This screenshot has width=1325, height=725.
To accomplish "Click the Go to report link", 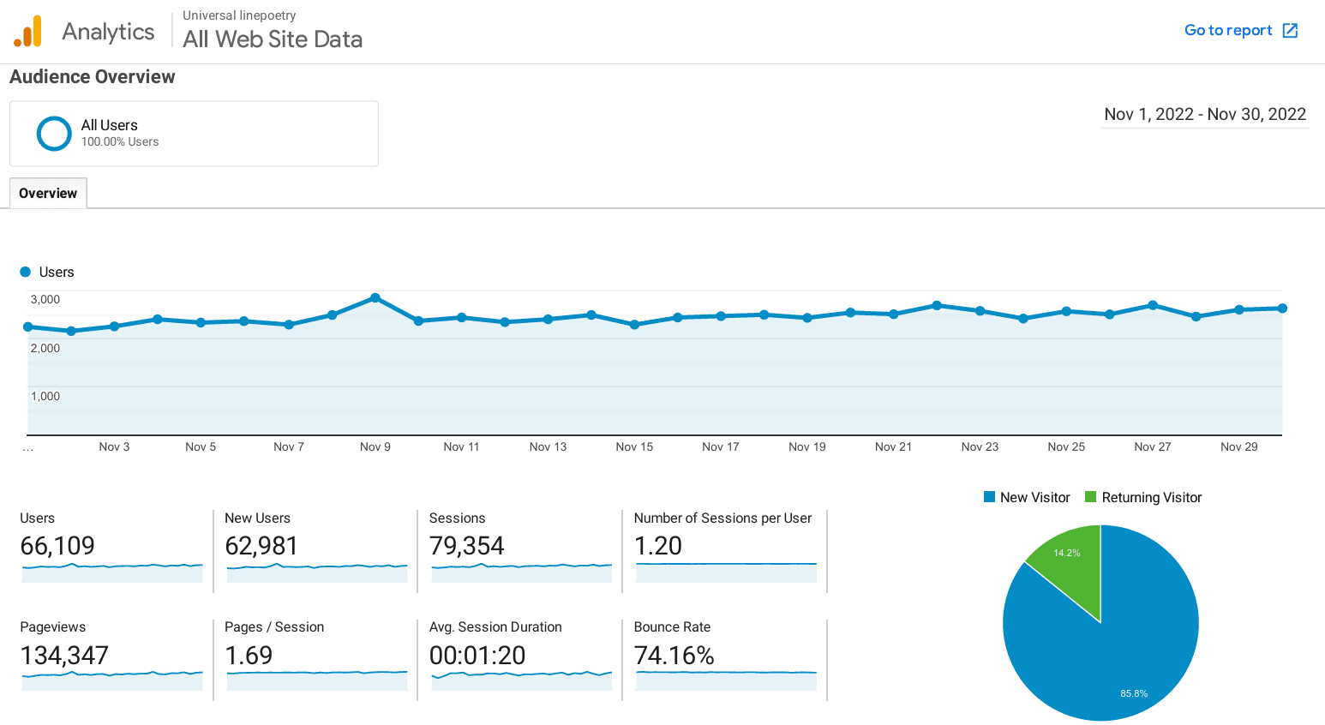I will pos(1240,31).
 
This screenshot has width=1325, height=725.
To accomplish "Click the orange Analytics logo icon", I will pos(27,32).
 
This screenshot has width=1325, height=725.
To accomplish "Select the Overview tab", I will pos(48,194).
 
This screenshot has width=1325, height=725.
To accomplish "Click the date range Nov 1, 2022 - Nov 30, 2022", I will pos(1204,115).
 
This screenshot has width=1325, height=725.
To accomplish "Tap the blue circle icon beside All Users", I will pos(54,134).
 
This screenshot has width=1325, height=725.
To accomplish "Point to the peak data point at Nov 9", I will pos(375,298).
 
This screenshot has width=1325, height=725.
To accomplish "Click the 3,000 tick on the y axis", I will pos(45,300).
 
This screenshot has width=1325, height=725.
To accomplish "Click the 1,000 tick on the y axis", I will pos(45,397).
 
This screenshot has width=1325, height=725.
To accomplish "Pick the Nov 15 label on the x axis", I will pos(634,447).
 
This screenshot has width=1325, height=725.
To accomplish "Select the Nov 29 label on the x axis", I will pos(1238,447).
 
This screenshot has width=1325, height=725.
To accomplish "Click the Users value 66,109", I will pos(57,546).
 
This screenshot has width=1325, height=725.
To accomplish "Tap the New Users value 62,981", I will pos(261,546).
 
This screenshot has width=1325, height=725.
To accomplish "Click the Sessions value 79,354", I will pos(466,546).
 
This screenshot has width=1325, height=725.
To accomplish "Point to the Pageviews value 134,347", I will pos(64,656).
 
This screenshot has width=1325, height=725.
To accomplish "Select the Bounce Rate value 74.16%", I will pos(674,656).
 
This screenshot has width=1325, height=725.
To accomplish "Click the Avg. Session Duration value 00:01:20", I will pos(477,656).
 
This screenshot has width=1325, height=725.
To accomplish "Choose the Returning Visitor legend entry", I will pos(1143,498).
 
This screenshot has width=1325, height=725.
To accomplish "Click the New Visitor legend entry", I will pos(1027,498).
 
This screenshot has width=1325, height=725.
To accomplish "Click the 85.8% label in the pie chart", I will pos(1133,693).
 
